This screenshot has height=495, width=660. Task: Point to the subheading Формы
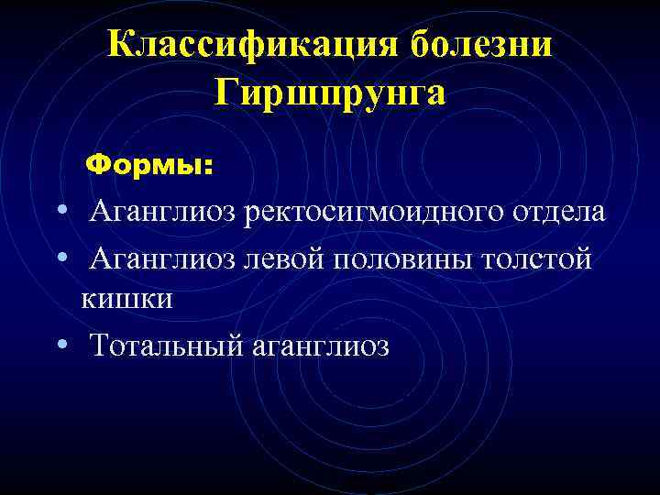tap(148, 166)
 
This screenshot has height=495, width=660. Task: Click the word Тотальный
tap(166, 346)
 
